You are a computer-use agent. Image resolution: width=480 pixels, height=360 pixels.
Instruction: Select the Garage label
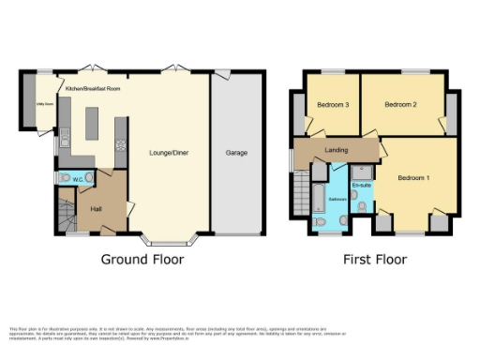tap(236, 151)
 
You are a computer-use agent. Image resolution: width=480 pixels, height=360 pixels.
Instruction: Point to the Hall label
tap(95, 209)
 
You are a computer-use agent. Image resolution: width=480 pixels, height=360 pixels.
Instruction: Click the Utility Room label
tap(43, 104)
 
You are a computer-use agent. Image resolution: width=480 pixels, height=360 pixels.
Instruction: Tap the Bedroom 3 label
tap(332, 105)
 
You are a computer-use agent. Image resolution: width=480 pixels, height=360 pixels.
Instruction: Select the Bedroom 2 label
tap(400, 105)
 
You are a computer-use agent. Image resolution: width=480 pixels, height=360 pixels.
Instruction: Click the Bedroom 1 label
tap(413, 177)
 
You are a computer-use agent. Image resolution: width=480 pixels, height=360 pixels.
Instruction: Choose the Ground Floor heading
tap(142, 260)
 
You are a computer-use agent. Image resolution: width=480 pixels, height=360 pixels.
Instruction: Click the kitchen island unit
tap(93, 123)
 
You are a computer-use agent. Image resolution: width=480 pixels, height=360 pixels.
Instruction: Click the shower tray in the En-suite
tap(362, 172)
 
